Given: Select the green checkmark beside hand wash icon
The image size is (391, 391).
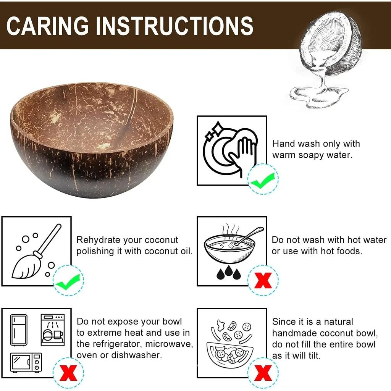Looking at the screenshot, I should pyautogui.click(x=263, y=179).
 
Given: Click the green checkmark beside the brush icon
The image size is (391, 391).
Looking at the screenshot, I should pyautogui.click(x=68, y=281).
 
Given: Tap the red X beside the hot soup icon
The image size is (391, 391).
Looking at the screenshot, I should pyautogui.click(x=263, y=281).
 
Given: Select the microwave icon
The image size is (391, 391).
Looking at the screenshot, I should pyautogui.click(x=26, y=362).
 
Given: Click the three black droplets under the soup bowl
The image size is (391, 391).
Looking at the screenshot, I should pyautogui.click(x=228, y=272).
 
